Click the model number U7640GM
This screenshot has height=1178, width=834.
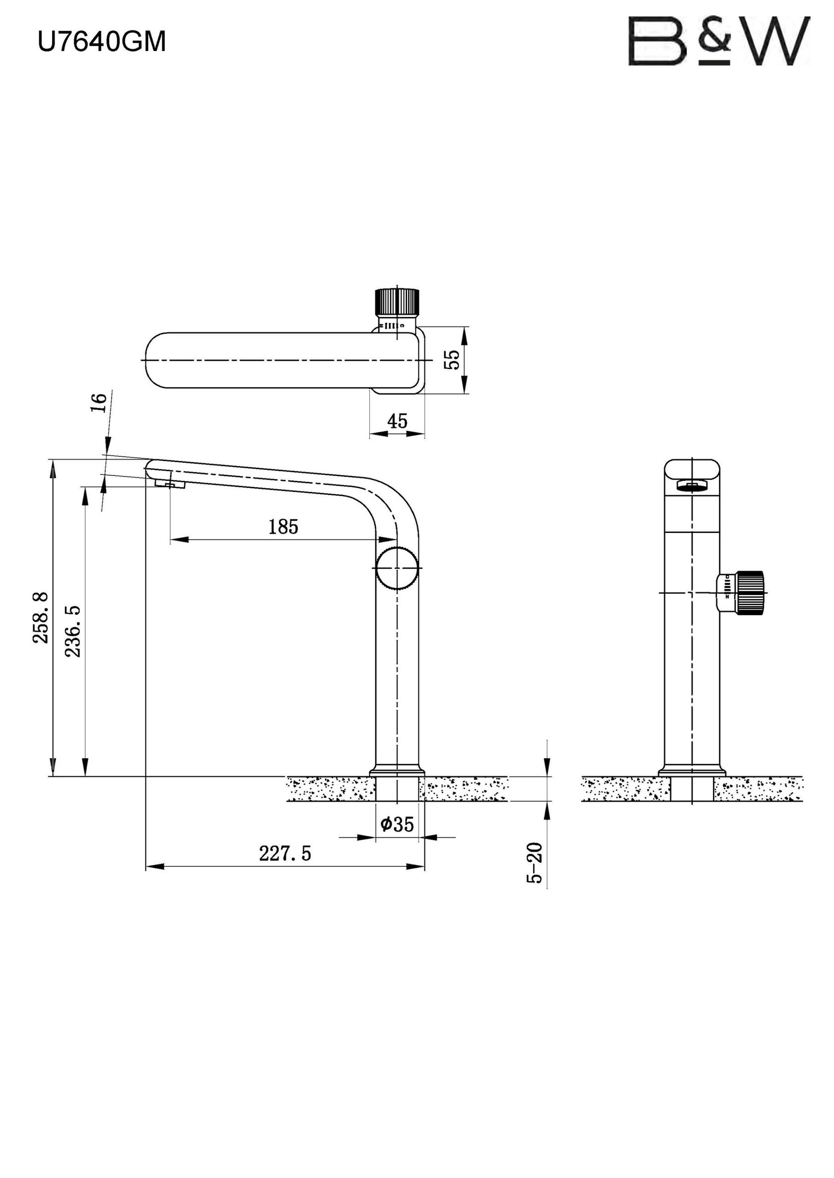[102, 42]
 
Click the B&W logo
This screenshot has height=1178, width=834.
[719, 41]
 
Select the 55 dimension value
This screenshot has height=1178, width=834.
[452, 360]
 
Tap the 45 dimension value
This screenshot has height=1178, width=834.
[397, 421]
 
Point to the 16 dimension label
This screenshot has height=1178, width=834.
[100, 402]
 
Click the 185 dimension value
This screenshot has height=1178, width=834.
[283, 526]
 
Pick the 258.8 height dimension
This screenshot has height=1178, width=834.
[41, 617]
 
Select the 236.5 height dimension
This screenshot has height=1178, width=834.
[72, 631]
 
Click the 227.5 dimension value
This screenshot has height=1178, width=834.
[285, 853]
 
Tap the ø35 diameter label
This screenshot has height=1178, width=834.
[397, 824]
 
